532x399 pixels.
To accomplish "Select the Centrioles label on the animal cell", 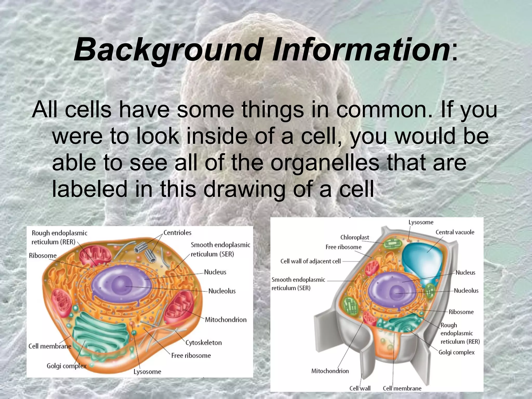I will pos(177,232).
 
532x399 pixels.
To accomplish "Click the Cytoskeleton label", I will pos(203,343).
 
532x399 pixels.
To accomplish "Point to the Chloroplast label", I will pos(355,237).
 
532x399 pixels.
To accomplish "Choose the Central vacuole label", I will pos(455,232).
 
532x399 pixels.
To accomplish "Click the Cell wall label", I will pos(360,388).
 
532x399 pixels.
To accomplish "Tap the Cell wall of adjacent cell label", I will pos(310,261).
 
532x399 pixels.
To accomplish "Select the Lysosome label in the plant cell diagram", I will pos(421,222).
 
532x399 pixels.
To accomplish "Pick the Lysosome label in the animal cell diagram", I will pos(147,372).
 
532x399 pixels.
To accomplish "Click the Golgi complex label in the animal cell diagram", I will pos(66,366).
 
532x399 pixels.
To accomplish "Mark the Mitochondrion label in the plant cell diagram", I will pos(330,371).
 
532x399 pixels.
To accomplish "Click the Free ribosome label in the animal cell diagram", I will pos(191,355).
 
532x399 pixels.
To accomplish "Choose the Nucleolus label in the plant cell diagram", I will pos(466,291).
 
